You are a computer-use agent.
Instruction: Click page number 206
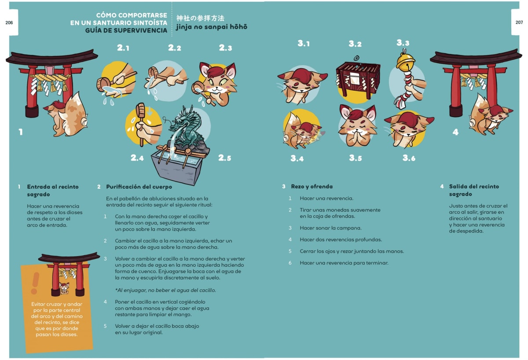[x=9, y=22]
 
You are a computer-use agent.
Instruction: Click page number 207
[x=519, y=22]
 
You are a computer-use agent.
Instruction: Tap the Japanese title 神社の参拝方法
[x=200, y=18]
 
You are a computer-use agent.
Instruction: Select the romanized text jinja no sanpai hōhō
[x=212, y=27]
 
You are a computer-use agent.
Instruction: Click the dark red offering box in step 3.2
[x=357, y=79]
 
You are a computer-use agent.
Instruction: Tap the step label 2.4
[x=137, y=158]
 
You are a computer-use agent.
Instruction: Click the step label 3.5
[x=356, y=158]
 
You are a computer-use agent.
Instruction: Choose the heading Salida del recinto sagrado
[x=473, y=190]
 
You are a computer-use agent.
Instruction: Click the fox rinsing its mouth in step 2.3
[x=216, y=84]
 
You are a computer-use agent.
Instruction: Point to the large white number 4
[x=455, y=132]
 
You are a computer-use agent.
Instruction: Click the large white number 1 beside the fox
[x=20, y=132]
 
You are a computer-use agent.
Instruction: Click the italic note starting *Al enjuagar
[x=165, y=290]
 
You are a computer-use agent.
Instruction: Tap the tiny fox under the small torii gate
[x=64, y=288]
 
